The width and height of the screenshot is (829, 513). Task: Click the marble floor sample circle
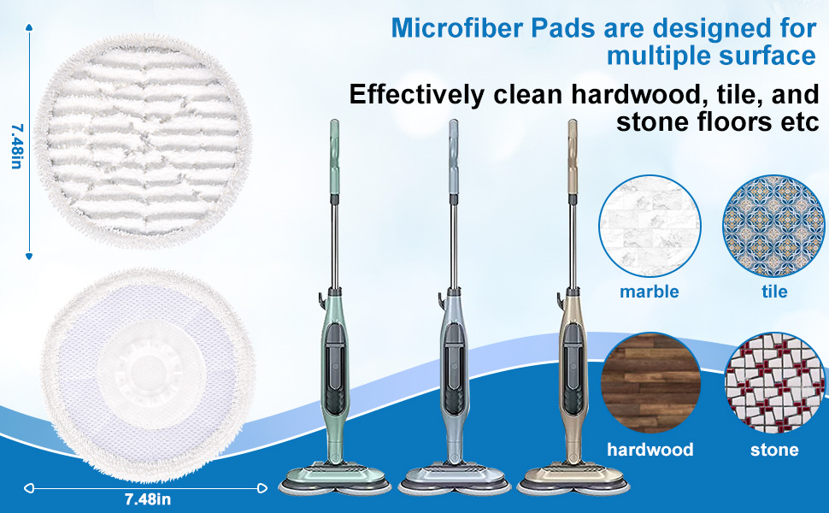(650, 226)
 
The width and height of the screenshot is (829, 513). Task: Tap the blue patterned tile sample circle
(773, 226)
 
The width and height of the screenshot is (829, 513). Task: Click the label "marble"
(650, 292)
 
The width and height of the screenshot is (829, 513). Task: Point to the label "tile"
(774, 292)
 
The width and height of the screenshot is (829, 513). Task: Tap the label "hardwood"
(650, 449)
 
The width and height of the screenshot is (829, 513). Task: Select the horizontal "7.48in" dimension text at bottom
(148, 498)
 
